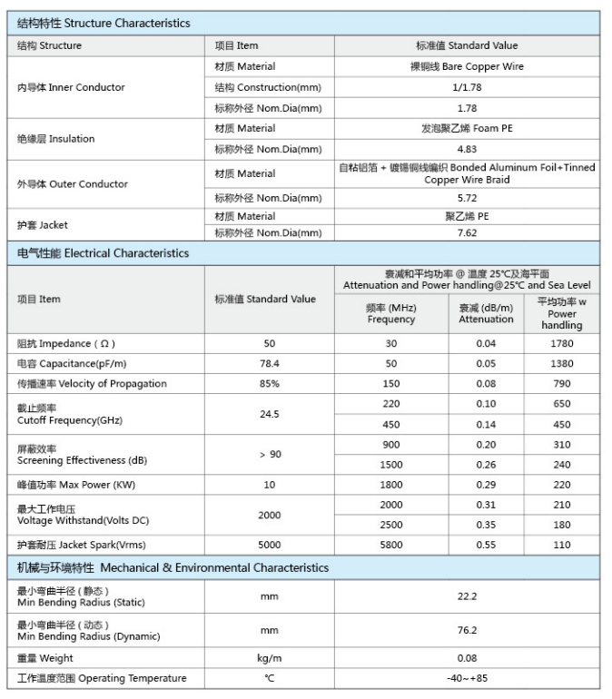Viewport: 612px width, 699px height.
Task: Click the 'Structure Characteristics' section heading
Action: [104, 23]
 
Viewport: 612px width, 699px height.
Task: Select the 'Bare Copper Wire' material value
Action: [467, 66]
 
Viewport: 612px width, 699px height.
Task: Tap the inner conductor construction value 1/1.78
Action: [467, 87]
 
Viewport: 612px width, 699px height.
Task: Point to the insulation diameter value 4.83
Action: [467, 149]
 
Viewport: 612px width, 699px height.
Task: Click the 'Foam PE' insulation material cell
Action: [467, 129]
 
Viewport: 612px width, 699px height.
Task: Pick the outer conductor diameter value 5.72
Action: [467, 198]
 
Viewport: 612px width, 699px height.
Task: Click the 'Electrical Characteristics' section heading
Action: [104, 253]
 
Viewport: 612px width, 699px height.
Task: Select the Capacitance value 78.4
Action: [269, 363]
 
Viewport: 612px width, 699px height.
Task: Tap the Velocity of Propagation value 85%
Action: [269, 383]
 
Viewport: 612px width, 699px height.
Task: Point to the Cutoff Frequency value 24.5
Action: [269, 414]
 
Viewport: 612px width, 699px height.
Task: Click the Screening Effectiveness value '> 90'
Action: [269, 454]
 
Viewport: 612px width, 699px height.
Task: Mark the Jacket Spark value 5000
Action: [269, 545]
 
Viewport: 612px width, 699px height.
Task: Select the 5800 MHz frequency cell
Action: [391, 545]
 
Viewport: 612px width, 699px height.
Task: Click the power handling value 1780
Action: [561, 343]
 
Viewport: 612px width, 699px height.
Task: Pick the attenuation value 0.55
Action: [486, 545]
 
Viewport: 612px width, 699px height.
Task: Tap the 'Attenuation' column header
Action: [486, 313]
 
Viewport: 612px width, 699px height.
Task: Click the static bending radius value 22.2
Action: [467, 596]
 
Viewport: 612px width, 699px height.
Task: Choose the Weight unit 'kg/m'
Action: [269, 658]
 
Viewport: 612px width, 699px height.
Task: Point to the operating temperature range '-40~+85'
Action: [467, 678]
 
